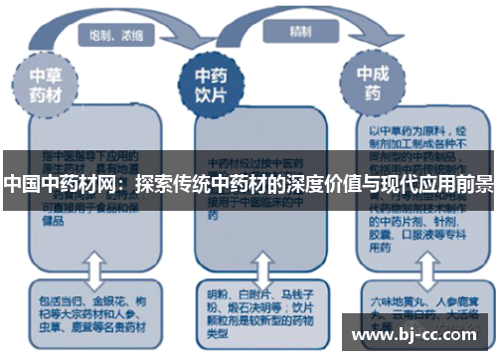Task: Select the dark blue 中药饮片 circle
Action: point(210,82)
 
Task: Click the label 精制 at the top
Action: point(299,30)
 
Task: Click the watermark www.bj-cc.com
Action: point(416,333)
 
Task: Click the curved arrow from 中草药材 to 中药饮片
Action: point(129,45)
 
